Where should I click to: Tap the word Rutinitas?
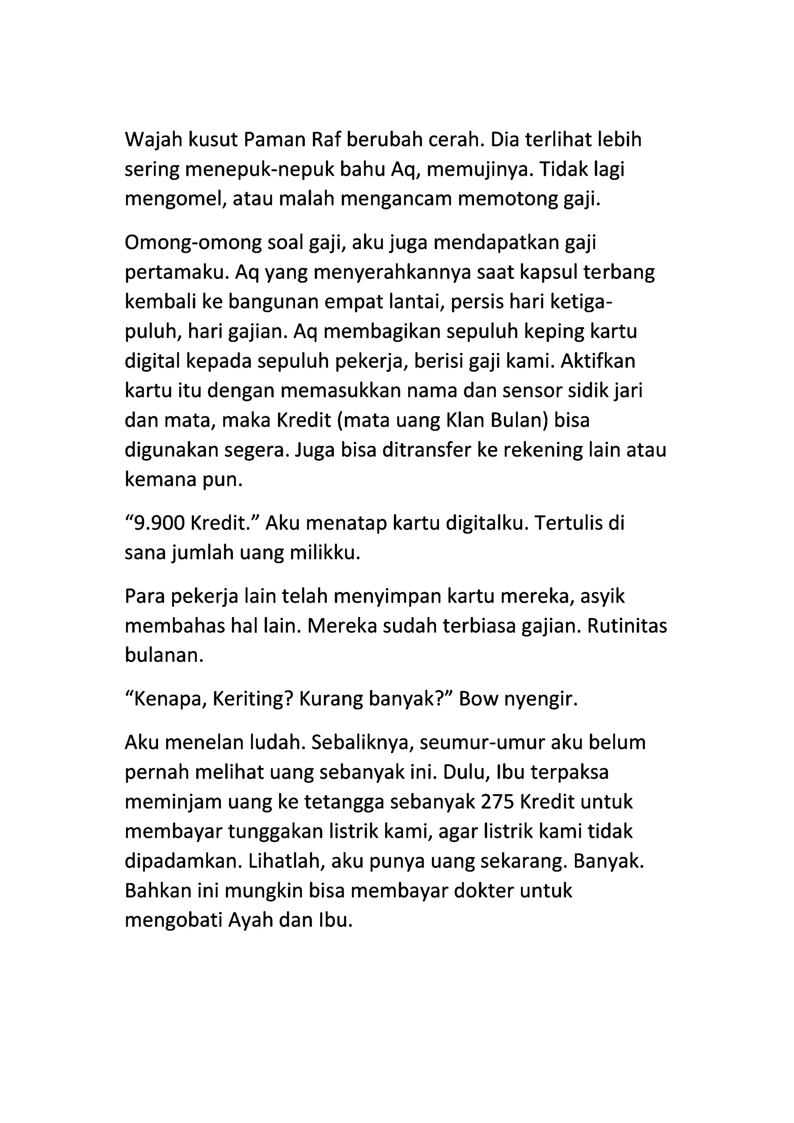tap(627, 626)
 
